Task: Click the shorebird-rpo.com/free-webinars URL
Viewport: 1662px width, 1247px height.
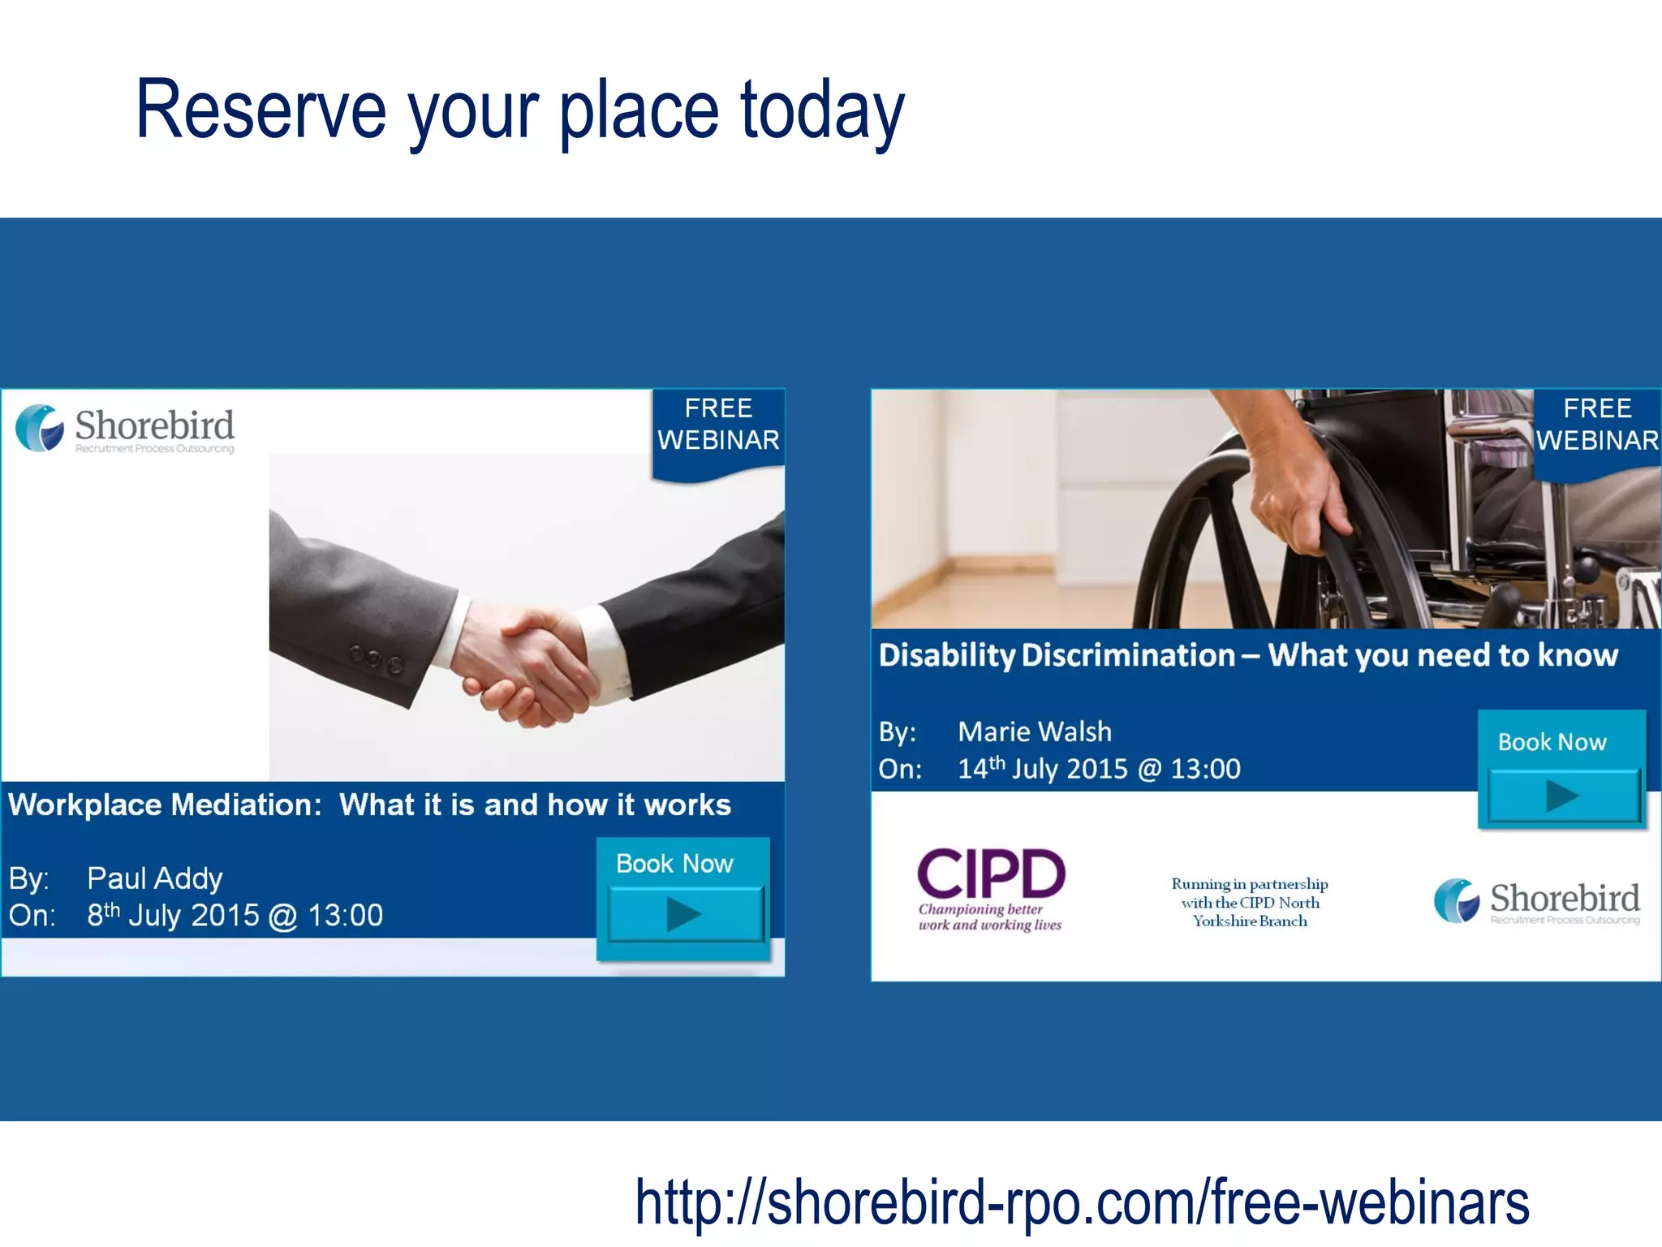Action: [x=1082, y=1202]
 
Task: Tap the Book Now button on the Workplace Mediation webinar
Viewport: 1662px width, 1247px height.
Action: [x=683, y=897]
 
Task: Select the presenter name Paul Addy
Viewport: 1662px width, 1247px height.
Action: [x=154, y=878]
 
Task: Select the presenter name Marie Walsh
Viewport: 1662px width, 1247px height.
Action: [x=1034, y=732]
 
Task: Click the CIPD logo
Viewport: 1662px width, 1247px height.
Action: [x=991, y=874]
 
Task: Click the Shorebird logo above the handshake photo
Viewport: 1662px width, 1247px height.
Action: [x=126, y=429]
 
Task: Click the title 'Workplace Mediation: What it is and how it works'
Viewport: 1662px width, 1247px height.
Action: [x=369, y=805]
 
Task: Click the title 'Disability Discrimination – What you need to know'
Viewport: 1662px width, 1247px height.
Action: [x=1248, y=655]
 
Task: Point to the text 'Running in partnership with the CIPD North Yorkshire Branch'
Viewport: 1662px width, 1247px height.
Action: [x=1250, y=902]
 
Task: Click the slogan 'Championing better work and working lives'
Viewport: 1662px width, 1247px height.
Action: [x=989, y=917]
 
